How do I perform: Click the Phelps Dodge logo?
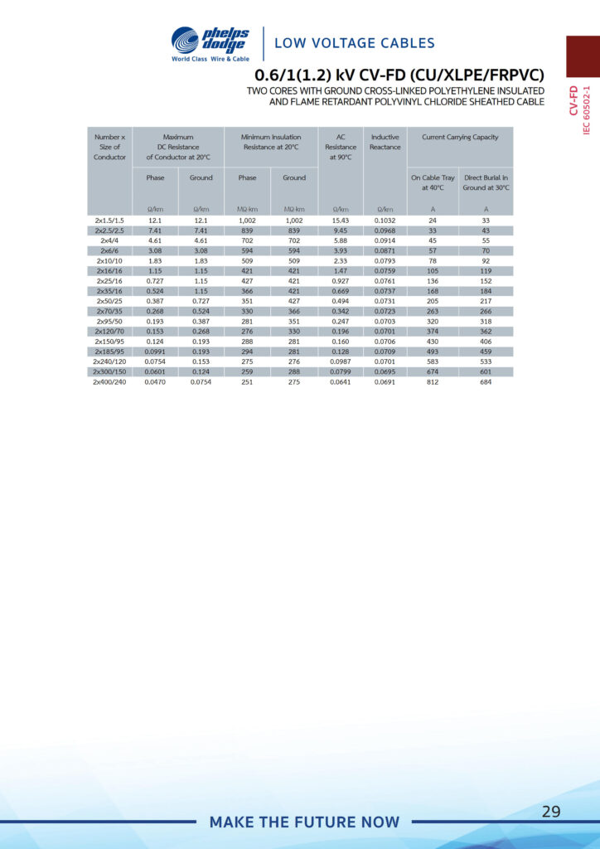click(x=210, y=44)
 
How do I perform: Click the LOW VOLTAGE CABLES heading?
click(x=354, y=43)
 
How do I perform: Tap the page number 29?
click(x=551, y=811)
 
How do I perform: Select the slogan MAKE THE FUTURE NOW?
click(x=304, y=822)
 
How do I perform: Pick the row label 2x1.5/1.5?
click(x=109, y=221)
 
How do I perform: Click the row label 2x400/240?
click(x=109, y=382)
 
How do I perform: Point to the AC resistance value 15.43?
click(x=341, y=221)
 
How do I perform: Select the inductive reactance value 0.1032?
click(x=385, y=221)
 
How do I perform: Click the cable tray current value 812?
click(x=433, y=382)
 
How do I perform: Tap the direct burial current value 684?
click(x=486, y=382)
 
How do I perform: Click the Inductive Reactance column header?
click(x=385, y=142)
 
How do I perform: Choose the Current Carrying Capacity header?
click(x=460, y=137)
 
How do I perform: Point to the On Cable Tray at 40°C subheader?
click(x=433, y=182)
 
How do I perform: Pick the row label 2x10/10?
click(x=109, y=260)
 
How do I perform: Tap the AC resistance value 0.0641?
click(x=341, y=382)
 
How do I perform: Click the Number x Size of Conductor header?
click(x=109, y=147)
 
